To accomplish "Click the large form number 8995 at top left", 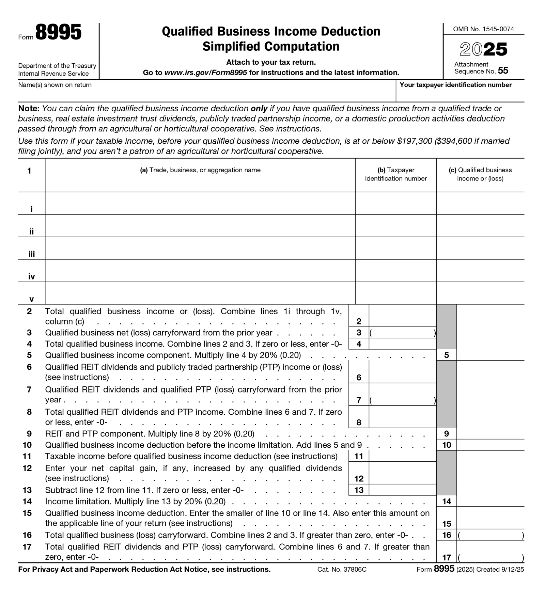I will (x=58, y=33).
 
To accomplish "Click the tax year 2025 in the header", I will (x=483, y=49).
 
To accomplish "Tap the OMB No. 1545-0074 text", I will (x=483, y=29).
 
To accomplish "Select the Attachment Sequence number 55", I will (x=503, y=71).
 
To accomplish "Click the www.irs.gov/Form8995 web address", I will (x=205, y=73).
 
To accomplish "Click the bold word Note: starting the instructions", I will (x=29, y=109).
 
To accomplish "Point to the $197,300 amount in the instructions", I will (x=414, y=141).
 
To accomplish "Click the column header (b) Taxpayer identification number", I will (x=395, y=174).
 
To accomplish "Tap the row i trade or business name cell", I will (x=200, y=203).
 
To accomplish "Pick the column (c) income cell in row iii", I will (x=480, y=248).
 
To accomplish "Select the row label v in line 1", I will (x=31, y=299).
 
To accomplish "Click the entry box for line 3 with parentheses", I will (x=402, y=333).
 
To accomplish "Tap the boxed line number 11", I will (x=359, y=456).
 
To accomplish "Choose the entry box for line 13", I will (x=402, y=490).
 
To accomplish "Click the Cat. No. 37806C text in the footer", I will (x=342, y=570).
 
